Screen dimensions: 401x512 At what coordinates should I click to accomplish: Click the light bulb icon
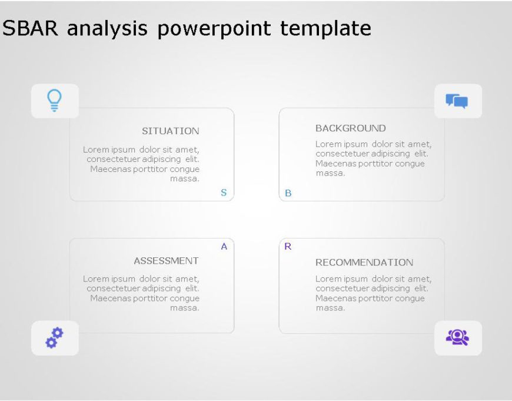(54, 100)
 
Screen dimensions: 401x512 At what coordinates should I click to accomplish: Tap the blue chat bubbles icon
(457, 101)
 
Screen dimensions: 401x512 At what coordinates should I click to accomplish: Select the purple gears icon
(54, 338)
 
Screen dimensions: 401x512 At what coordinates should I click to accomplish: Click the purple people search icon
(457, 337)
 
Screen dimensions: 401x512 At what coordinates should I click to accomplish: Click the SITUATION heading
(170, 131)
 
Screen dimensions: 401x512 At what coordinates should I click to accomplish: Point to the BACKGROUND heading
(350, 128)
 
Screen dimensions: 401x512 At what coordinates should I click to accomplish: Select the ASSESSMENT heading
(166, 260)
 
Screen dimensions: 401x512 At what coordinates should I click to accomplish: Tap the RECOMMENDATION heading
(364, 262)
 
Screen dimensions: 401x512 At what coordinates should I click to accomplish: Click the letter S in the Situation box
(224, 192)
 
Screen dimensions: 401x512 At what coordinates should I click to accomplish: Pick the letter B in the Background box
(288, 193)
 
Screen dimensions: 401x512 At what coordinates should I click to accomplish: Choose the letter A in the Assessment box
(224, 247)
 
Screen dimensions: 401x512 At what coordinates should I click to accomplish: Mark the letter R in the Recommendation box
(288, 246)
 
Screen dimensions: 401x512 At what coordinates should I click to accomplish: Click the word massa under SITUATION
(184, 178)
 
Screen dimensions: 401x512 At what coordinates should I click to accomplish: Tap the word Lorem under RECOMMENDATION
(328, 279)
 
